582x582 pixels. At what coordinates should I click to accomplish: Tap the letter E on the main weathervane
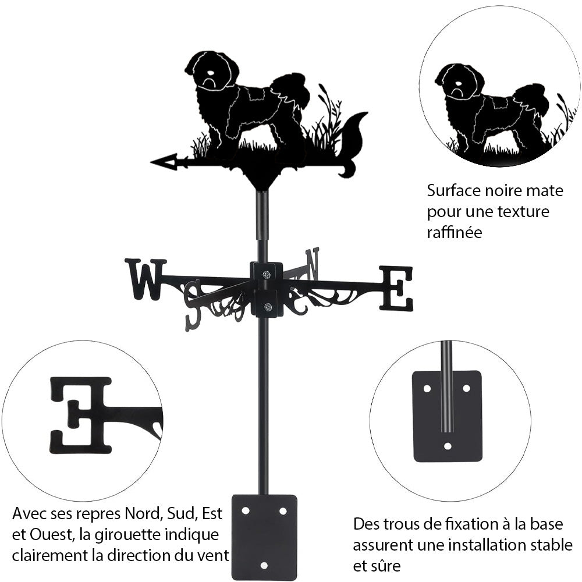click(396, 288)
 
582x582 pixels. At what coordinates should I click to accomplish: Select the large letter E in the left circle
click(81, 414)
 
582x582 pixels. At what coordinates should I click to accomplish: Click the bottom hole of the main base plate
click(264, 565)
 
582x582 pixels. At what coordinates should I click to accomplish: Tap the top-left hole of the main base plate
click(246, 510)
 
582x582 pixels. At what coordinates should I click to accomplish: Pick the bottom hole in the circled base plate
click(447, 446)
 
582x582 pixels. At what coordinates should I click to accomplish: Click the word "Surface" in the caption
click(452, 190)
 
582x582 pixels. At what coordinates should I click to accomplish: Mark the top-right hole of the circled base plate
click(466, 388)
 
